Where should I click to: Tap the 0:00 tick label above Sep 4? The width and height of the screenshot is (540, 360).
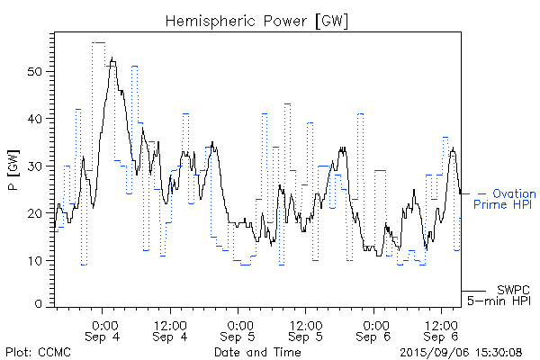pos(103,324)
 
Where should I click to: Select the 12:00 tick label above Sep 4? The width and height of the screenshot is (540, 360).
pos(170,324)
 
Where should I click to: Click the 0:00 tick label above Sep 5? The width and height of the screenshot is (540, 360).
pos(238,324)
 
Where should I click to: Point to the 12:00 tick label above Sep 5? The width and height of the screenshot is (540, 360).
pos(305,324)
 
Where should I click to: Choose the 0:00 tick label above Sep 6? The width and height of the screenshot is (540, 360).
pos(373,324)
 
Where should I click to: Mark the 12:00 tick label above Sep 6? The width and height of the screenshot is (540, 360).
pos(440,324)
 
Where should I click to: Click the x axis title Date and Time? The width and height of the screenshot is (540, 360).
pos(257,353)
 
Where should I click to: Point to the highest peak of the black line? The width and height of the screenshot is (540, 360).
pos(112,58)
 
